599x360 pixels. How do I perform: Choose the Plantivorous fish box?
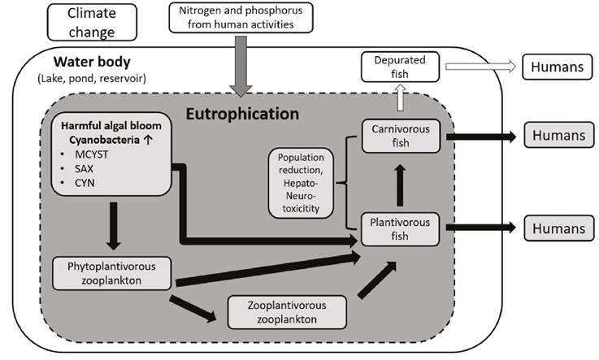402,228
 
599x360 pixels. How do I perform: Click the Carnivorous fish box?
402,136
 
